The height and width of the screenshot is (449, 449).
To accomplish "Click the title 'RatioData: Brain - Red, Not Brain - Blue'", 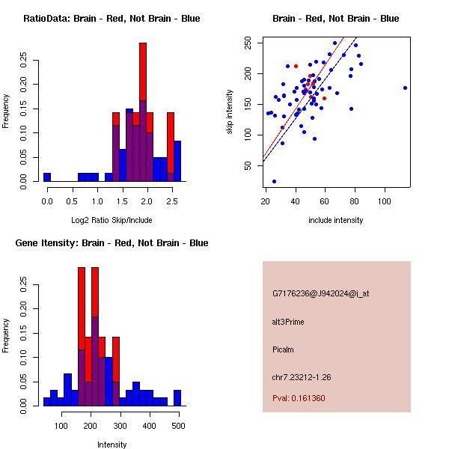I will tap(112, 19).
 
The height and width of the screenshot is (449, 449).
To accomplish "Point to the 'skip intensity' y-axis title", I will tap(230, 112).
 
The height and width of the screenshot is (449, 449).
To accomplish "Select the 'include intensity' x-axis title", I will tap(336, 220).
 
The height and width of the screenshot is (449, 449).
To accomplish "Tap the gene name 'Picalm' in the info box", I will tap(284, 349).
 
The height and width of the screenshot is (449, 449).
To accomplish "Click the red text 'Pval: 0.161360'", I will tap(299, 398).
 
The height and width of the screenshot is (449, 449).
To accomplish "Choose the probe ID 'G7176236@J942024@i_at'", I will tap(321, 293).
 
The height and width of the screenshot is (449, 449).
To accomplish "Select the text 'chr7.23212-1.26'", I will tap(302, 376).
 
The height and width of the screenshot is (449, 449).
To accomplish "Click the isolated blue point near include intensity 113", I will tap(405, 88).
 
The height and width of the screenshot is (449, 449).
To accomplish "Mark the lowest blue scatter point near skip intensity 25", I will tap(274, 181).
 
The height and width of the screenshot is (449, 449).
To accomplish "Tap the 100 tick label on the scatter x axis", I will tap(385, 201).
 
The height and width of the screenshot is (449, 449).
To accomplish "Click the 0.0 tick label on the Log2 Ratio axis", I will tap(48, 201).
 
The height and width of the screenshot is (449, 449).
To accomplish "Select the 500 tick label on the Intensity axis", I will tap(178, 425).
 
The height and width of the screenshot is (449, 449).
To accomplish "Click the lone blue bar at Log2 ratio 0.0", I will tap(47, 177).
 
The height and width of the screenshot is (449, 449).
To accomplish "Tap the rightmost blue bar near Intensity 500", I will tap(177, 398).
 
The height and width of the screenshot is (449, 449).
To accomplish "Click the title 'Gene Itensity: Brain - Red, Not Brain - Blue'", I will tap(112, 243).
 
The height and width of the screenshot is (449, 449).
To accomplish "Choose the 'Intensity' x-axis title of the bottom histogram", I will tap(112, 445).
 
